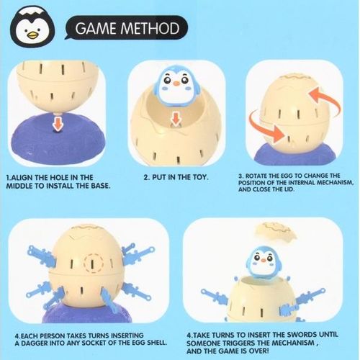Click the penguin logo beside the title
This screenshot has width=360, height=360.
(x=34, y=27)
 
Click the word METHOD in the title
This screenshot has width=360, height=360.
(x=150, y=28)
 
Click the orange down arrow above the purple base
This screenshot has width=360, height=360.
(x=58, y=123)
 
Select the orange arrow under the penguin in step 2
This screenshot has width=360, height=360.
(x=176, y=120)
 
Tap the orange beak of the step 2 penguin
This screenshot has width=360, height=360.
(x=176, y=84)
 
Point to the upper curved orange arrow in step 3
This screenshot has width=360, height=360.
(x=326, y=99)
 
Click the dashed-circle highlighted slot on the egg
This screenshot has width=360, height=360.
(x=93, y=264)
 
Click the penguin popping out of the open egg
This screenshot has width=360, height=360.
(x=263, y=264)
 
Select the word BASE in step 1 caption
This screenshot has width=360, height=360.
(x=101, y=186)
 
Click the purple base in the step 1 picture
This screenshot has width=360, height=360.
(x=58, y=139)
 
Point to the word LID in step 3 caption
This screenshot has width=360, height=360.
(x=289, y=189)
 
